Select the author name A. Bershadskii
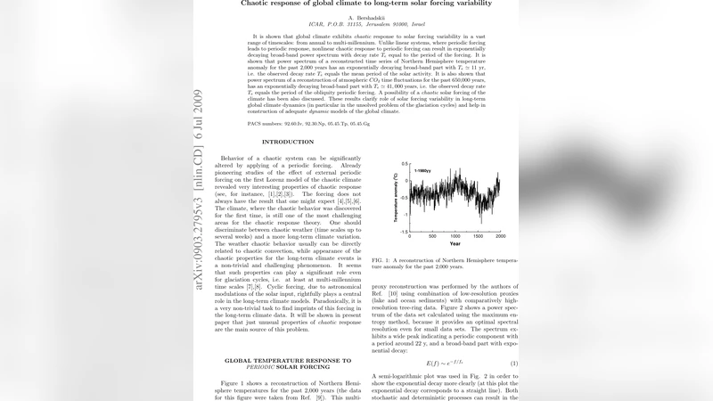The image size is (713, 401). tap(356, 16)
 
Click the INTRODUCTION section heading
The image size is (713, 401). tap(287, 142)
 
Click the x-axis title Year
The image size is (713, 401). tap(455, 243)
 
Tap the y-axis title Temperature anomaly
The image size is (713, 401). tap(395, 197)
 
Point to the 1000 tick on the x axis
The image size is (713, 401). tap(455, 235)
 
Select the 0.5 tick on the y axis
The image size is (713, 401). tap(405, 165)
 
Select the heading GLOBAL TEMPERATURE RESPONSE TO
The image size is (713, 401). tap(287, 360)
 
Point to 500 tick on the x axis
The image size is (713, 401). tap(432, 235)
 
